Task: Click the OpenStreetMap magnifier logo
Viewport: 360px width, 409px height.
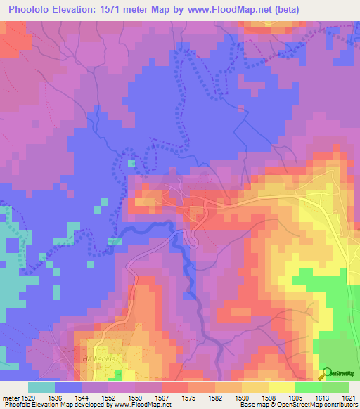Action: [326, 373]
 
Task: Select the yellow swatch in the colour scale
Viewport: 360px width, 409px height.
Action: [281, 387]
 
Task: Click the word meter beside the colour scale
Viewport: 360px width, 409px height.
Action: [11, 397]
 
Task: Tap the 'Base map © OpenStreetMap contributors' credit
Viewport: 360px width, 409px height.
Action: [298, 405]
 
